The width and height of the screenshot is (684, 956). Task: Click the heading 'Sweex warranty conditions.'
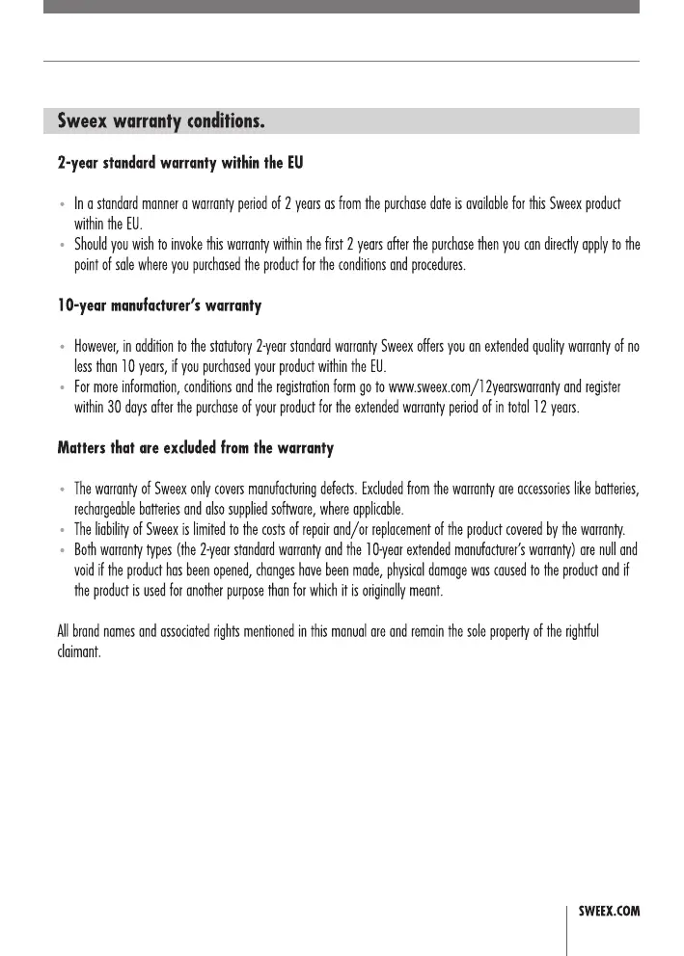pyautogui.click(x=161, y=122)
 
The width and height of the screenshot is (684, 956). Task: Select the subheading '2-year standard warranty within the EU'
pyautogui.click(x=180, y=163)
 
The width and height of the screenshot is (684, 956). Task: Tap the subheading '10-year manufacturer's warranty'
pyautogui.click(x=159, y=306)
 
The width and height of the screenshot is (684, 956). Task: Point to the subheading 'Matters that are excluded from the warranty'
pyautogui.click(x=196, y=448)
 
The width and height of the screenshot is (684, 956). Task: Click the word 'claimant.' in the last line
pyautogui.click(x=79, y=651)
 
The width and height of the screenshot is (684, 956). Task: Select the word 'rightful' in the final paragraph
pyautogui.click(x=576, y=631)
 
